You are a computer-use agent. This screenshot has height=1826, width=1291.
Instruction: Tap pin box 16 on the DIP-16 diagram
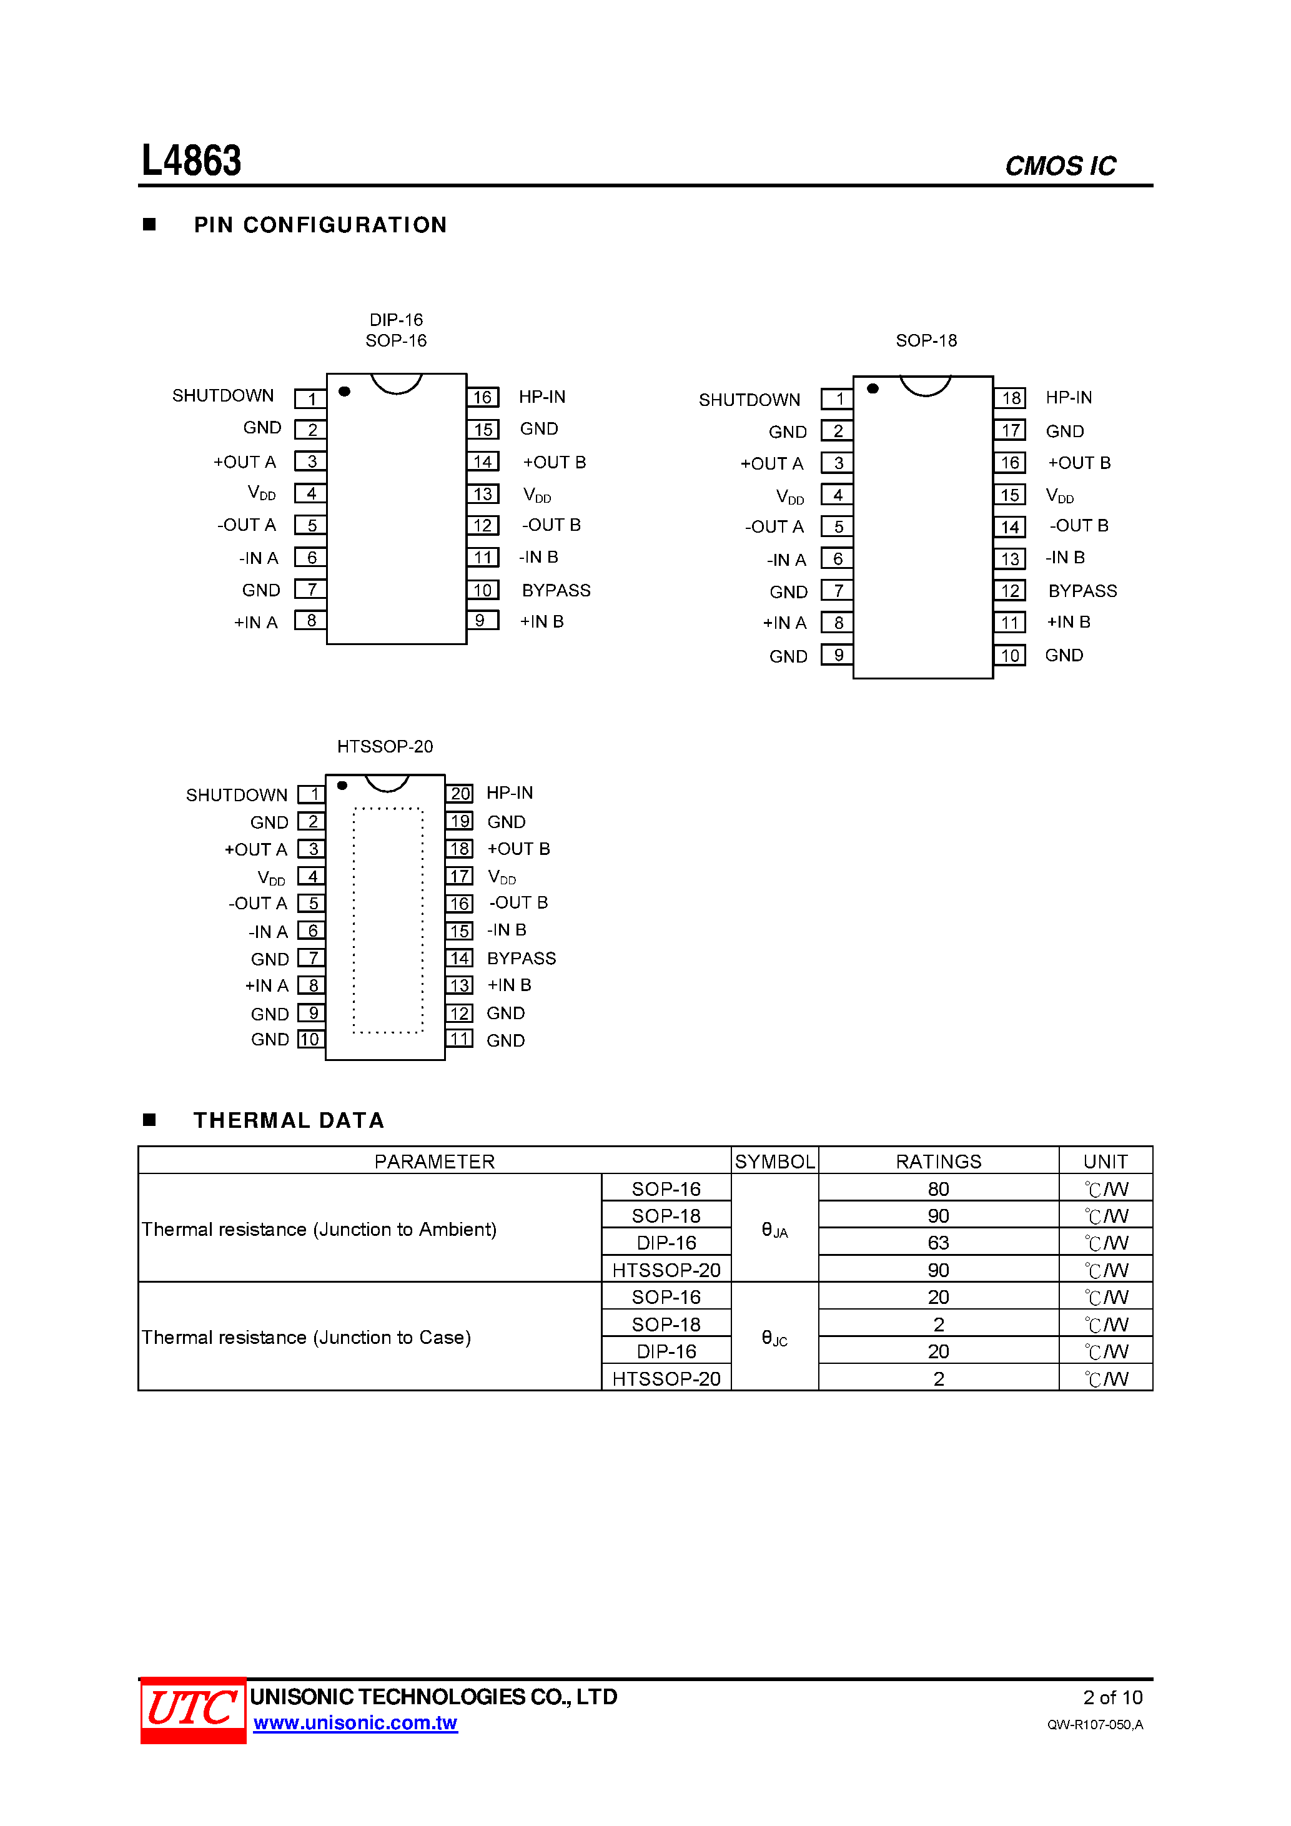483,397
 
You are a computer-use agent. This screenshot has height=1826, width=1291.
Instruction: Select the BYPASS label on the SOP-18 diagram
1082,591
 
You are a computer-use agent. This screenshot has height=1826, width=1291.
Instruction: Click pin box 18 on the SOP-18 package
1010,398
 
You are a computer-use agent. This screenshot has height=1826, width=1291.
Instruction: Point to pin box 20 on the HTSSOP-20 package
460,793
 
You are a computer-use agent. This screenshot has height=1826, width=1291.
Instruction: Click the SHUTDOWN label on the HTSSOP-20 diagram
236,796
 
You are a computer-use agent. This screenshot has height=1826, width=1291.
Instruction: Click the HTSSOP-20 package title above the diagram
385,747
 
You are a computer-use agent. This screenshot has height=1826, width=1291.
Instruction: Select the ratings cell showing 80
938,1189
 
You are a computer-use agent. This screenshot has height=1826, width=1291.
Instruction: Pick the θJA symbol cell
774,1230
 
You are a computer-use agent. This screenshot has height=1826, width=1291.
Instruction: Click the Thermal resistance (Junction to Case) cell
306,1338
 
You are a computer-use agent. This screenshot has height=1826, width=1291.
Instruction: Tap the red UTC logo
192,1709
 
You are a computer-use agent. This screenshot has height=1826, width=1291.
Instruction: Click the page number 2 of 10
1112,1697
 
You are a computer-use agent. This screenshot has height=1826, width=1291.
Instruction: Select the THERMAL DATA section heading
289,1120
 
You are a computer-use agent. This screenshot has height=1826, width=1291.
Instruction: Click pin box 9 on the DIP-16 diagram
482,620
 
